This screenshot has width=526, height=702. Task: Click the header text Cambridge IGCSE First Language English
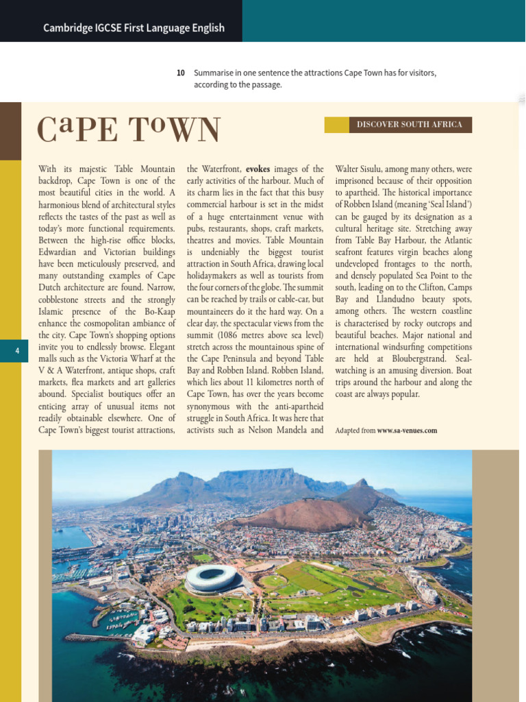[134, 28]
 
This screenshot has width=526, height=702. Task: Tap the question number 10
[181, 73]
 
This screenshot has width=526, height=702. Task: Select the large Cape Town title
[129, 130]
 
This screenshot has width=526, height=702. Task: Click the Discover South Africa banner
[409, 125]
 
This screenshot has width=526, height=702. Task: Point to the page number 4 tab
[17, 350]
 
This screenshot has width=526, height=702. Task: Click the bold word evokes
[258, 169]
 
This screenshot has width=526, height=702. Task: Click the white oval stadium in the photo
[212, 578]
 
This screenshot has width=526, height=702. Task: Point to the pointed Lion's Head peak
[361, 483]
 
